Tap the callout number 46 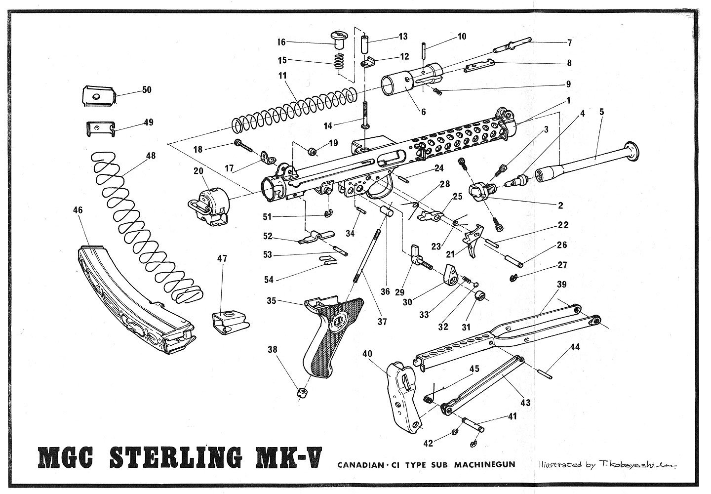point(78,210)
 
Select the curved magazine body point(133,306)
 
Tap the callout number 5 point(601,111)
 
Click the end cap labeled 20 point(210,205)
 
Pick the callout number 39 point(561,285)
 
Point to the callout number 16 point(281,42)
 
